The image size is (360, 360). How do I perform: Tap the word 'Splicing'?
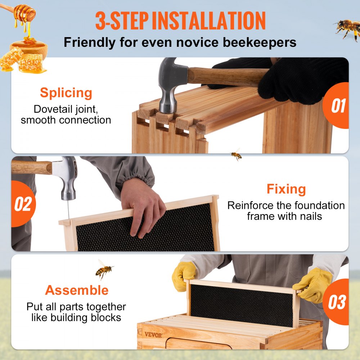tap(66, 93)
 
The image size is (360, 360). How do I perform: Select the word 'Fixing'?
tap(286, 189)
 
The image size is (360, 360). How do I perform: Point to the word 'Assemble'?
tap(77, 290)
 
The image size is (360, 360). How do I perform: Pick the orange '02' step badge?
tap(23, 204)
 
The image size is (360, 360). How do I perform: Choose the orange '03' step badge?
tap(337, 302)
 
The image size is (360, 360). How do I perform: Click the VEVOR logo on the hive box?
tap(153, 334)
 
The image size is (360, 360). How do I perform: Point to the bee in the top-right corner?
tap(347, 29)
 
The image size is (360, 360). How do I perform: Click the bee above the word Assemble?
tap(104, 269)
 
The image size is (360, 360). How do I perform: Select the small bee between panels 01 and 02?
tap(236, 154)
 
